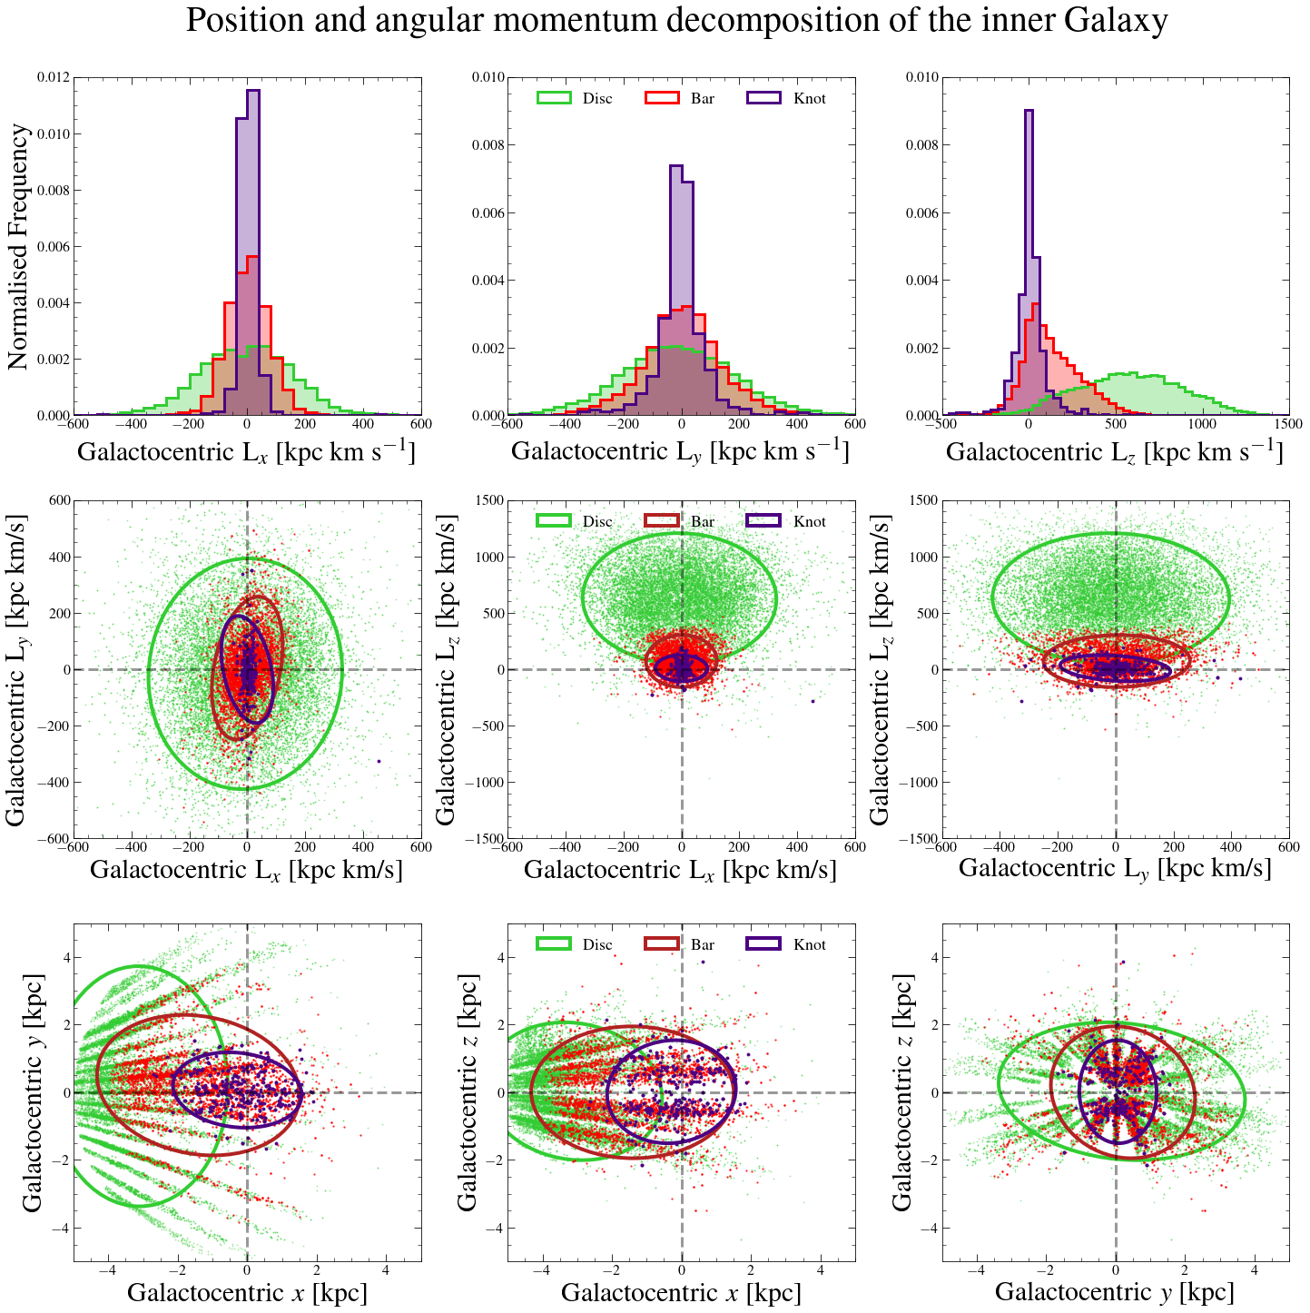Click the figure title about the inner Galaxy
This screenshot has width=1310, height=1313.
pyautogui.click(x=676, y=20)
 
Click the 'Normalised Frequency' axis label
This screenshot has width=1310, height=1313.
pyautogui.click(x=18, y=247)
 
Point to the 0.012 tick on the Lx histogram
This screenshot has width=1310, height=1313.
pyautogui.click(x=52, y=78)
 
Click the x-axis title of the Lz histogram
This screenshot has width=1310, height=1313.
pyautogui.click(x=1115, y=451)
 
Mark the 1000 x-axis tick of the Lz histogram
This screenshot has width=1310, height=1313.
pyautogui.click(x=1202, y=424)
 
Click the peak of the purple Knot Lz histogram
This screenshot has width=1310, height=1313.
pyautogui.click(x=1029, y=111)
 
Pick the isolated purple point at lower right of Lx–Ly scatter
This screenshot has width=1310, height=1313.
pyautogui.click(x=379, y=761)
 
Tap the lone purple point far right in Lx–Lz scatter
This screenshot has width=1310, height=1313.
pyautogui.click(x=813, y=701)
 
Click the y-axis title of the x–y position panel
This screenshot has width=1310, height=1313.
pyautogui.click(x=33, y=1092)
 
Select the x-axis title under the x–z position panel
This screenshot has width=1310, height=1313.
pyautogui.click(x=681, y=1292)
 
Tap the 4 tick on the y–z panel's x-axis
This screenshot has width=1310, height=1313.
pyautogui.click(x=1255, y=1270)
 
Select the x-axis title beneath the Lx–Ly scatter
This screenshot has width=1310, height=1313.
pyautogui.click(x=246, y=869)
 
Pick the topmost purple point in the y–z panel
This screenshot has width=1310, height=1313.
pyautogui.click(x=1123, y=963)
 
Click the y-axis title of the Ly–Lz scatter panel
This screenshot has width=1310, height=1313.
pyautogui.click(x=880, y=669)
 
